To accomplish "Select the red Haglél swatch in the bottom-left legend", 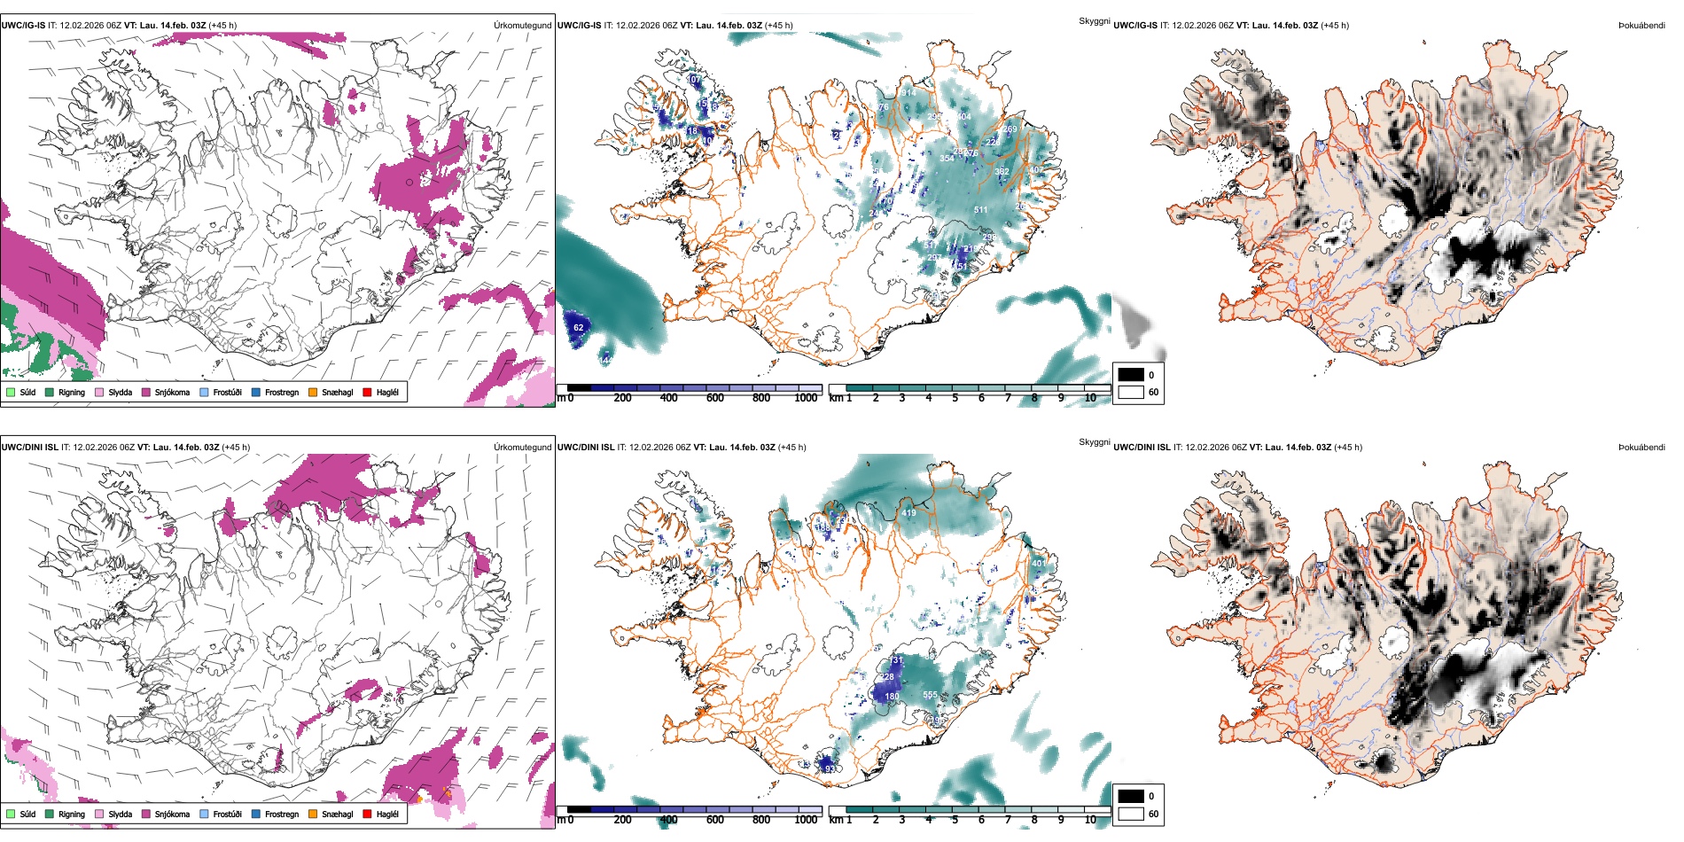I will coord(367,814).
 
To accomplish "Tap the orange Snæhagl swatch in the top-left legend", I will coord(313,392).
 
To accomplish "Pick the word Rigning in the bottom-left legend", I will coord(72,814).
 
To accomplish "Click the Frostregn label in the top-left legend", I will coord(282,392).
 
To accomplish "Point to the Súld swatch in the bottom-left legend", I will coord(10,814).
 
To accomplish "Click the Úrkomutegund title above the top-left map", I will coord(522,25).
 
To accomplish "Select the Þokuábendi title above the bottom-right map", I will coord(1641,447).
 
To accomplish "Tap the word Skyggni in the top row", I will coord(1094,20).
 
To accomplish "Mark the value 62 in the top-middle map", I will coord(579,327).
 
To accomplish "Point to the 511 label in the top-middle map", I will coord(980,210).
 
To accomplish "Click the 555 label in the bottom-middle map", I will coord(930,695).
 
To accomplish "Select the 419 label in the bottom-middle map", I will coord(908,512).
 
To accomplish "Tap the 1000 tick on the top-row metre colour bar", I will coord(806,398).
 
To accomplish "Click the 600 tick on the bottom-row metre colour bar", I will coord(715,820).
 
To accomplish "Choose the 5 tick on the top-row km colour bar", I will coord(955,398).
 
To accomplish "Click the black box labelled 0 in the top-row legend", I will coord(1131,374).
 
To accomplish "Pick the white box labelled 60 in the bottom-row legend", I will coord(1131,813).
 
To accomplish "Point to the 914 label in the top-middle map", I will coord(909,92).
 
